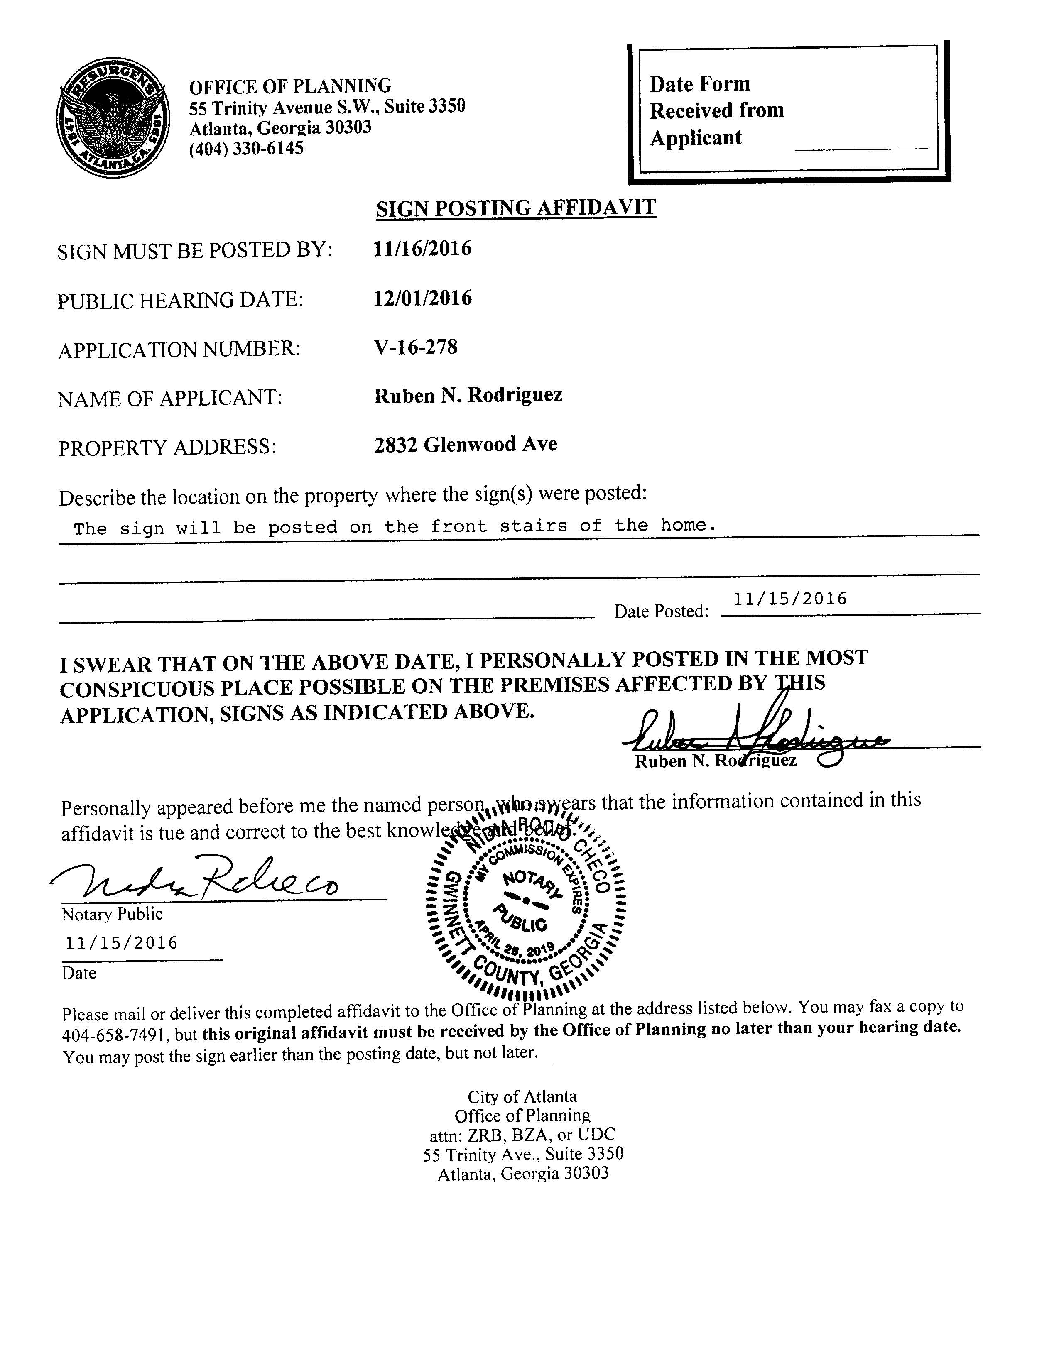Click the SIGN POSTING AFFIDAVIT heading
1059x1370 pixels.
[516, 208]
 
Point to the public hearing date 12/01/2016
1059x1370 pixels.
[422, 298]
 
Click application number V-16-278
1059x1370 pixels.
[415, 347]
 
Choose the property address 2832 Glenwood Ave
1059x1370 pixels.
[466, 445]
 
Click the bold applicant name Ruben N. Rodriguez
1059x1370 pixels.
[468, 396]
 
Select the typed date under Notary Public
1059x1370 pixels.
[122, 943]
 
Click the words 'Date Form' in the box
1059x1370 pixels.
[699, 84]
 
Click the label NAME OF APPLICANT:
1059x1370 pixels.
[170, 398]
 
